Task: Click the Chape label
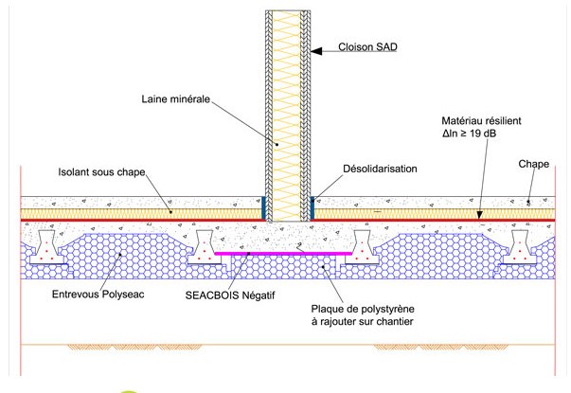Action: point(533,163)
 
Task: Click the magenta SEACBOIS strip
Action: point(284,254)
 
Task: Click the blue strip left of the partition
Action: point(263,206)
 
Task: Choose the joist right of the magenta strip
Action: point(363,247)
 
